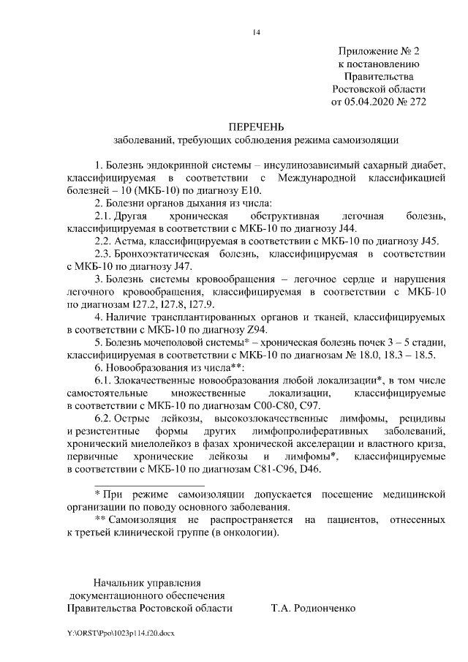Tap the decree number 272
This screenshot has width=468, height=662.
coord(415,102)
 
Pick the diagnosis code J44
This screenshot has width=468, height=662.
coord(344,228)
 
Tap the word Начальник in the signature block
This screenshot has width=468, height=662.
coord(117,582)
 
